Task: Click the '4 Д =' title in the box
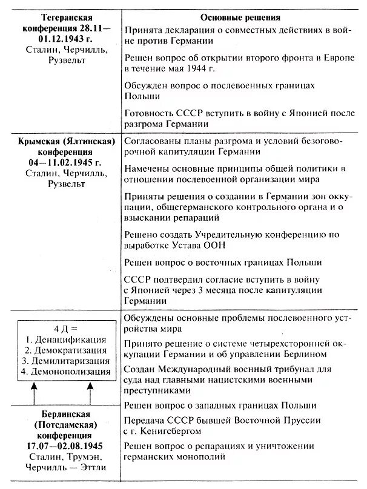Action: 65,329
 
